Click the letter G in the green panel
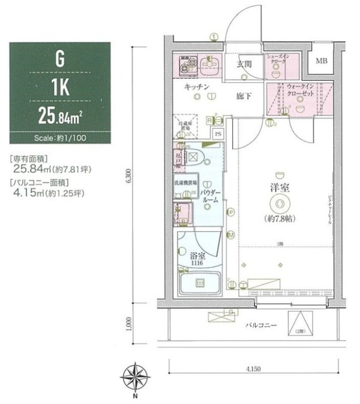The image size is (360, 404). coord(60,59)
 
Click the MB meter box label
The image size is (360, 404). coord(321,62)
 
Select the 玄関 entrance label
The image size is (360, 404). coord(244,64)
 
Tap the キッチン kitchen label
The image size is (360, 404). coord(198,86)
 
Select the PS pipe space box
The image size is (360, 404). coord(218,134)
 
